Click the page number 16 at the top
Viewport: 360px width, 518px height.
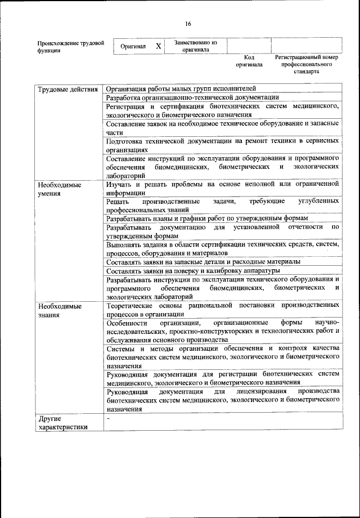pos(188,23)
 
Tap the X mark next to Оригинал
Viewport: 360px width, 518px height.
pos(159,46)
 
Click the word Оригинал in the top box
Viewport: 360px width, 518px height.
pos(133,47)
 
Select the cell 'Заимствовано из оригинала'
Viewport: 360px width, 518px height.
pos(195,46)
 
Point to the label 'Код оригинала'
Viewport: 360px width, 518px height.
pos(249,61)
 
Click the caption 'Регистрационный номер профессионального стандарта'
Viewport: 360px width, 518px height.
pos(306,64)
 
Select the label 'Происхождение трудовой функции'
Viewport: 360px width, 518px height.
pos(70,47)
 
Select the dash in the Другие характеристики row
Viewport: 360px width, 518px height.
pos(109,419)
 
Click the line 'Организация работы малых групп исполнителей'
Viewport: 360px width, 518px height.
pos(181,88)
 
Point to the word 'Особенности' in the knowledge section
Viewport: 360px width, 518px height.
pos(127,323)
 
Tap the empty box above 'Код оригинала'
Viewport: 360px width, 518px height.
pos(249,46)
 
